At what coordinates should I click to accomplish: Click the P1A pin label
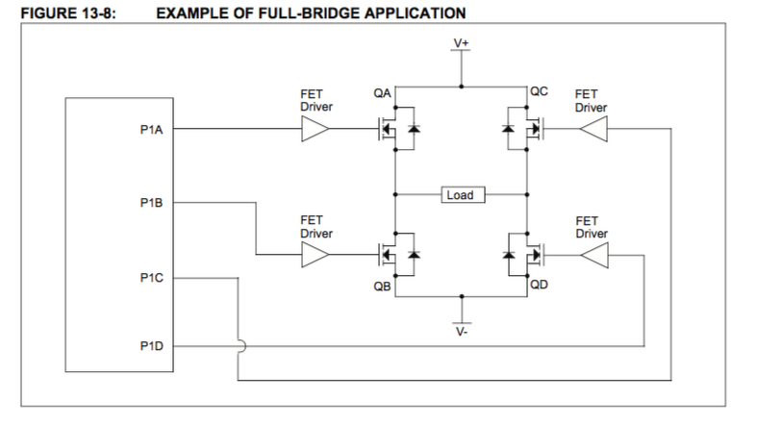151,130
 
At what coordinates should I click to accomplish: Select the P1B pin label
151,203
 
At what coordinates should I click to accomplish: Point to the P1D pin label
151,344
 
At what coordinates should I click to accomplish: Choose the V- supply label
463,332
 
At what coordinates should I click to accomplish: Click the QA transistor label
381,93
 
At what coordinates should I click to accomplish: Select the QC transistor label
539,93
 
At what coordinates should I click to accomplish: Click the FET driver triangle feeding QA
315,130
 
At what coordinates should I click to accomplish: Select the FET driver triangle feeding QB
315,254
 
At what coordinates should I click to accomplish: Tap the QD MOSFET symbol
524,254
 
